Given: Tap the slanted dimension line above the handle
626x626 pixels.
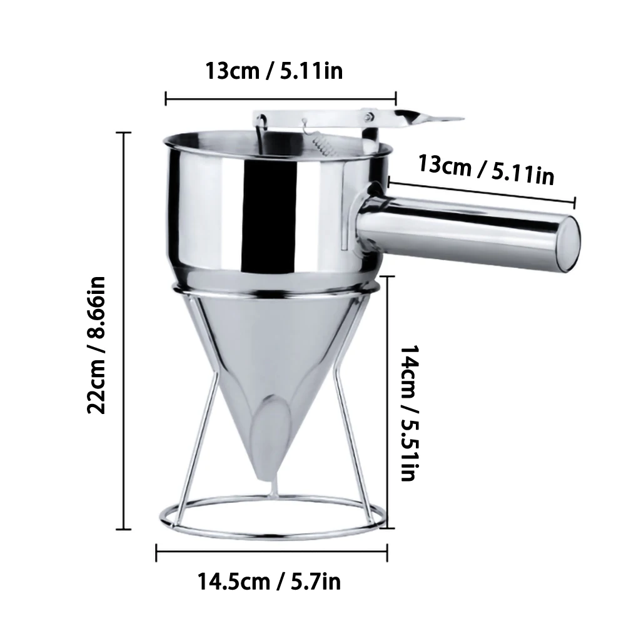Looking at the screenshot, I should click(482, 190).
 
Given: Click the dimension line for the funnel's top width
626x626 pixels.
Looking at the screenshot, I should click(280, 97).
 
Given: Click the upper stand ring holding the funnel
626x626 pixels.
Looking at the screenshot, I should click(275, 289).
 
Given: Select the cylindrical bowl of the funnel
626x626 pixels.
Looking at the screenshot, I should click(263, 206).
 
